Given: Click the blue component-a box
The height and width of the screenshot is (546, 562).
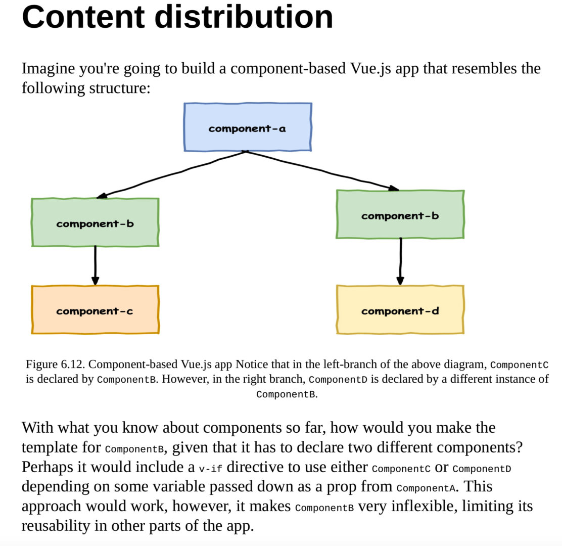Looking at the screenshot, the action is click(248, 127).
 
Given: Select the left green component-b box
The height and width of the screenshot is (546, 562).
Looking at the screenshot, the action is click(95, 222).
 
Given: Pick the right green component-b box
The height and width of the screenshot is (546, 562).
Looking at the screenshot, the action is click(400, 214).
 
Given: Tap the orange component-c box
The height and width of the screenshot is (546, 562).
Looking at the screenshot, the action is click(95, 310).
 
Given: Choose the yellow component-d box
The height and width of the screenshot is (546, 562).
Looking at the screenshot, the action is click(400, 310).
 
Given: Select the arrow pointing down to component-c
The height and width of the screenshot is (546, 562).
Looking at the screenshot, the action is click(95, 265).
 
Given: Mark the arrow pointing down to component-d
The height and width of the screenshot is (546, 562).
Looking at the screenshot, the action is click(400, 261).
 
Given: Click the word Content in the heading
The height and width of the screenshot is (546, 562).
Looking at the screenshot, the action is click(83, 17).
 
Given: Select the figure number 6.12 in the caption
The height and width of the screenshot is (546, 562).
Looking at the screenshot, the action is click(73, 364).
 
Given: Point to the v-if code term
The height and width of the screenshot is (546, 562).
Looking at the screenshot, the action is click(210, 469).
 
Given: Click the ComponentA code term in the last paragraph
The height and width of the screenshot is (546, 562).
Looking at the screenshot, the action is click(426, 488).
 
